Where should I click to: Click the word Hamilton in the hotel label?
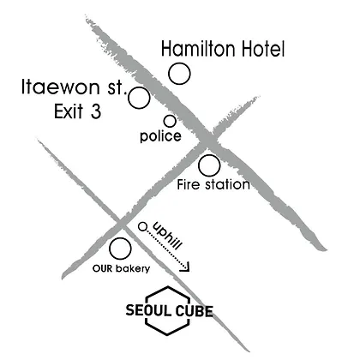point(199,49)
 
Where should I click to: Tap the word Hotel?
point(263,49)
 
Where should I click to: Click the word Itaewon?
point(61,87)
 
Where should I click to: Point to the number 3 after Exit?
point(96,111)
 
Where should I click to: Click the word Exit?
point(69,111)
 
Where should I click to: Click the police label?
point(160,136)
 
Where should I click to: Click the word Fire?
point(188,184)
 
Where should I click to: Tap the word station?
point(228,184)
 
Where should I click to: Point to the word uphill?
point(168,236)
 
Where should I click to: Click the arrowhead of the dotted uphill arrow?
point(186,267)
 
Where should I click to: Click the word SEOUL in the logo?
point(148,310)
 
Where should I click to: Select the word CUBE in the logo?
point(195,311)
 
